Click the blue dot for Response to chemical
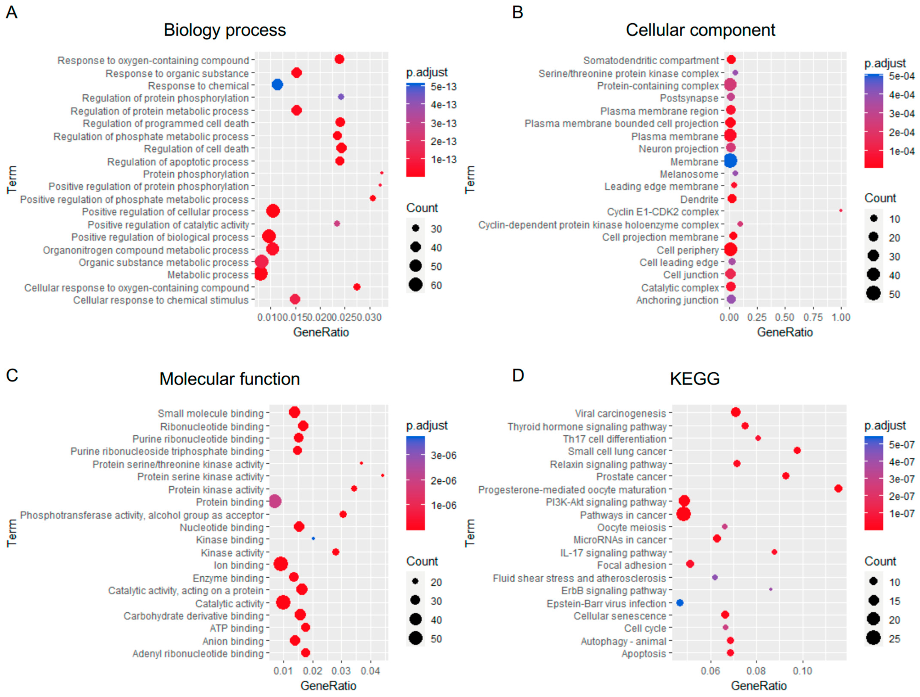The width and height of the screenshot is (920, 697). click(277, 85)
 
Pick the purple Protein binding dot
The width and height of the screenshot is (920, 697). click(274, 502)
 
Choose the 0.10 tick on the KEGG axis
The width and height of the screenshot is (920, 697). click(802, 671)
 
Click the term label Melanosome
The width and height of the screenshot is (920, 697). click(689, 174)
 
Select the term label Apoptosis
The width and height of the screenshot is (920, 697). click(644, 654)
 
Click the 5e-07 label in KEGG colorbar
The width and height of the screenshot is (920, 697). click(901, 445)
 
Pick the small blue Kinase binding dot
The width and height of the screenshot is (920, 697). click(313, 539)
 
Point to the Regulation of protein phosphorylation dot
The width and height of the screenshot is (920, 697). click(341, 97)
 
